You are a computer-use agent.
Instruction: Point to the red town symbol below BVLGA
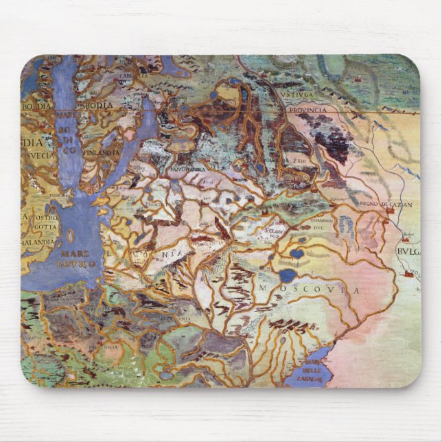pos(409,274)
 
